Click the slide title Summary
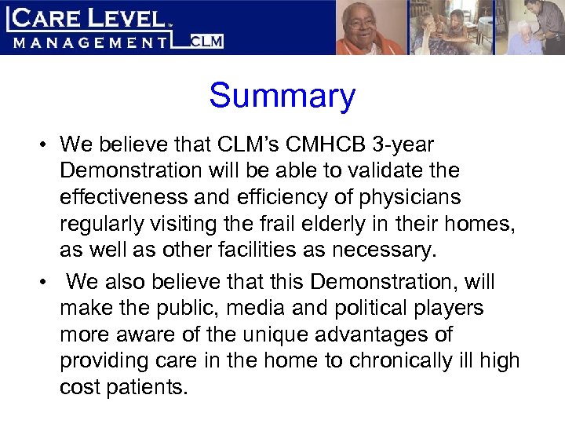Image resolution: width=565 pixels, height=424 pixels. (x=282, y=97)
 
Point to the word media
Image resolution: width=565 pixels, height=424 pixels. (x=279, y=308)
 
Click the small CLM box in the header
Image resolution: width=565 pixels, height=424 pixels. (x=208, y=41)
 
